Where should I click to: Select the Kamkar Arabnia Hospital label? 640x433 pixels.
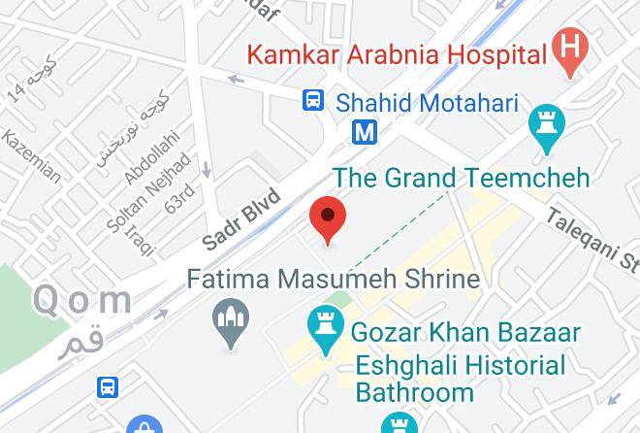click(397, 53)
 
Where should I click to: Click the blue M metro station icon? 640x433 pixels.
click(364, 131)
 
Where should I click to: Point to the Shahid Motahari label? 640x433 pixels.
click(427, 102)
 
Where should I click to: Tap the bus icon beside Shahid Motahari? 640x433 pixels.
click(312, 100)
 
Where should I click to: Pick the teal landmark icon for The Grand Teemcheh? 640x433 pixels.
click(547, 127)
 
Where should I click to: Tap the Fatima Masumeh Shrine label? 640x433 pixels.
click(333, 280)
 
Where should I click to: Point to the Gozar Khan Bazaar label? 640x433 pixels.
click(465, 332)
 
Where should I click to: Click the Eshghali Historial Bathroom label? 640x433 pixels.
click(460, 379)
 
